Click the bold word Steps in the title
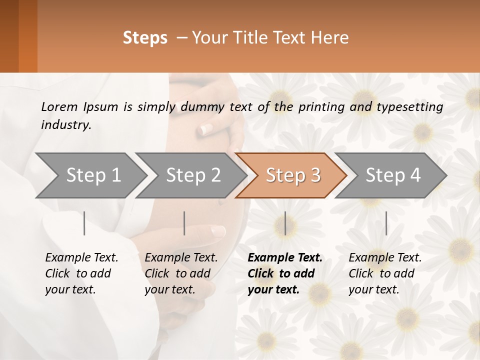coord(145,38)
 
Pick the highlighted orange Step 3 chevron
coord(293,175)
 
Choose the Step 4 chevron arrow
coord(393,175)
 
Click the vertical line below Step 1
coord(84,223)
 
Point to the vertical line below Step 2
coord(184,223)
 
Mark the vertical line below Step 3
coord(285,223)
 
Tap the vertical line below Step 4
coord(386,223)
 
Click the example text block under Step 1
coord(81,273)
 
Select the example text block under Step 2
coord(181,273)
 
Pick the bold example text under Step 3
coord(285,273)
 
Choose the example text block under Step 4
coord(385,273)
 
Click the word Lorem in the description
coord(59,107)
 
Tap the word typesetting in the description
coord(412,107)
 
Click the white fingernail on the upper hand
coord(205,130)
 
